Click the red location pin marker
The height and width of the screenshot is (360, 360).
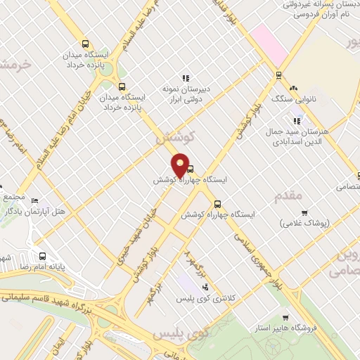pos(181,165)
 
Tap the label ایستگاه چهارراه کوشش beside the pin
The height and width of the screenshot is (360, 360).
pos(191,180)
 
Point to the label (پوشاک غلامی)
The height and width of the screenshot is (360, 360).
pos(304,224)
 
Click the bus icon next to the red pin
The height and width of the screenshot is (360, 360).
pos(191,168)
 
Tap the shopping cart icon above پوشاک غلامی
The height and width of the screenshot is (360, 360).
pos(304,212)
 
